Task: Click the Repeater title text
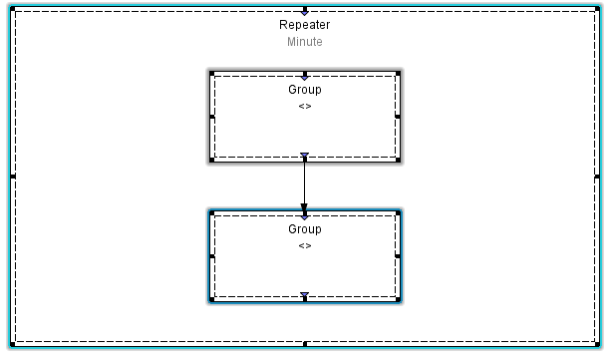tap(304, 25)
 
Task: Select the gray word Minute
tap(304, 42)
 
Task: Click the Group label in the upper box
tap(304, 90)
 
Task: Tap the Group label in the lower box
tap(304, 229)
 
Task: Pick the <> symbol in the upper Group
tap(304, 106)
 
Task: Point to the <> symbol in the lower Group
tap(304, 245)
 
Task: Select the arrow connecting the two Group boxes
tap(304, 184)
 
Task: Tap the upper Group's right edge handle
tap(398, 117)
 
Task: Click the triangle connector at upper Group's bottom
tap(304, 156)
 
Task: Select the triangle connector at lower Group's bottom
tap(304, 295)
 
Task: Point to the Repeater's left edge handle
tap(12, 177)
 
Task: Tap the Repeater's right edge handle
tap(599, 177)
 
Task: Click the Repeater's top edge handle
tap(304, 9)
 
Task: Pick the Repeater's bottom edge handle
tap(304, 344)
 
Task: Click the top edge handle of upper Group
tap(304, 75)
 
